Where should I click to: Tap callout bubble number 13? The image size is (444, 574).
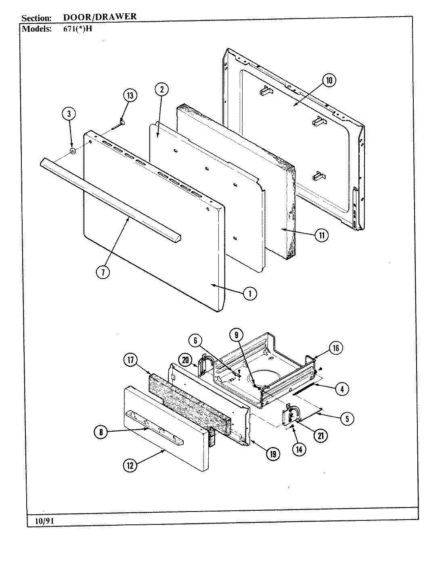click(x=130, y=96)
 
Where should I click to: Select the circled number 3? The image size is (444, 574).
click(x=69, y=114)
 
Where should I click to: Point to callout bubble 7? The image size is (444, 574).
click(x=103, y=272)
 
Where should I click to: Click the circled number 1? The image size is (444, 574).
click(x=250, y=293)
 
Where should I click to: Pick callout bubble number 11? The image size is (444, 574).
click(x=321, y=236)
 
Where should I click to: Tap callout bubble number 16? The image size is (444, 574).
click(x=336, y=348)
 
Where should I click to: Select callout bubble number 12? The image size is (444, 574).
click(x=130, y=466)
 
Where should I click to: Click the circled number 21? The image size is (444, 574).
click(x=321, y=435)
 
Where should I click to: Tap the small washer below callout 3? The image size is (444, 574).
click(x=73, y=152)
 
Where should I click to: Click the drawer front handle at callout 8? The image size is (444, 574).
click(x=153, y=427)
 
